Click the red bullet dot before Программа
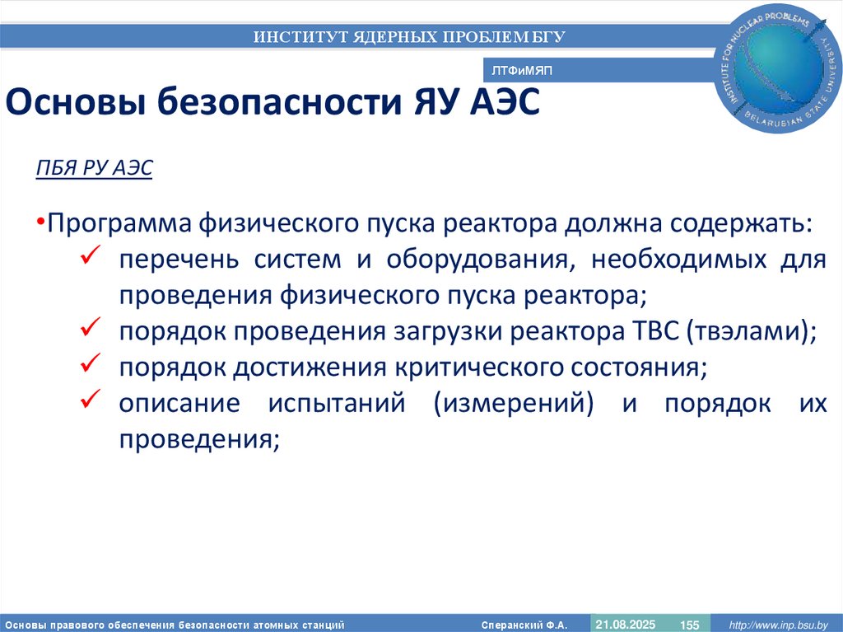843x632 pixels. click(40, 224)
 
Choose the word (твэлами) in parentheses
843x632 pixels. click(744, 331)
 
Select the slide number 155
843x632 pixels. click(689, 625)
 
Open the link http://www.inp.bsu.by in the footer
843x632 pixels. click(779, 625)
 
